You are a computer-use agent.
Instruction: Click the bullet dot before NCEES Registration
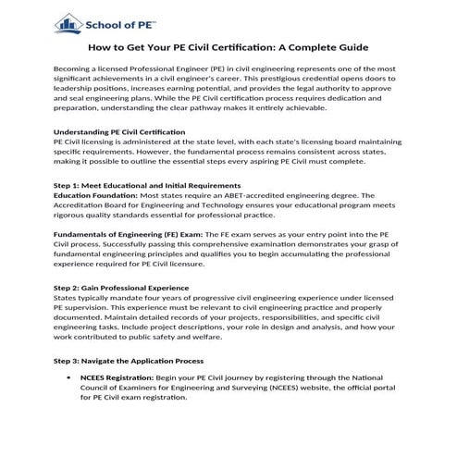[x=71, y=378]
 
